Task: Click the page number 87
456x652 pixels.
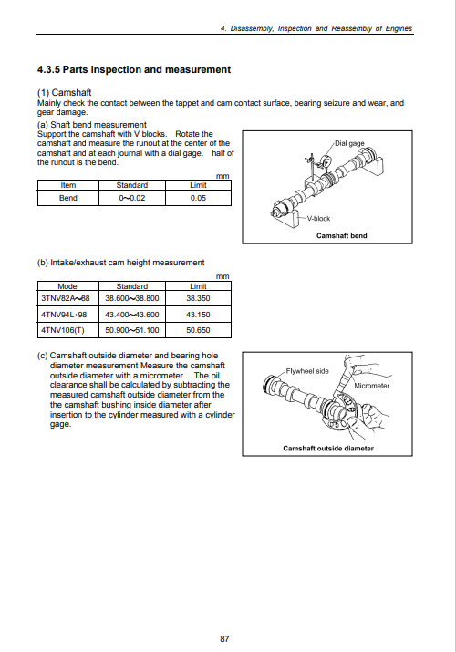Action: point(224,638)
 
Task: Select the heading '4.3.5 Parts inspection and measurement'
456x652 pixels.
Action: point(134,69)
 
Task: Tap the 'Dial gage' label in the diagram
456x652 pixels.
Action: point(349,143)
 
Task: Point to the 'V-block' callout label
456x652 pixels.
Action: point(318,218)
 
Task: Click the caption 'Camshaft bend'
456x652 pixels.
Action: point(342,236)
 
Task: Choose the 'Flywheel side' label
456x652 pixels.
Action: point(307,371)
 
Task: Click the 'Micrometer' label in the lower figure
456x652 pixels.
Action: point(371,386)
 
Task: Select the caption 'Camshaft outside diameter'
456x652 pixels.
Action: point(328,449)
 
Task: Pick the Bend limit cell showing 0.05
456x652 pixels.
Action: point(198,198)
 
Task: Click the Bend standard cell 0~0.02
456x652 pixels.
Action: point(132,198)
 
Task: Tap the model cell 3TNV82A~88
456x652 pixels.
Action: point(66,298)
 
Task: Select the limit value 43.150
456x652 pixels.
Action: point(198,315)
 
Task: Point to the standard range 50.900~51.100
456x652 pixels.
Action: point(132,330)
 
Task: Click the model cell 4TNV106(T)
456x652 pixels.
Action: point(62,330)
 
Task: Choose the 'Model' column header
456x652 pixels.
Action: point(68,286)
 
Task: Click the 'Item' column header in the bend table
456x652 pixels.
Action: point(68,185)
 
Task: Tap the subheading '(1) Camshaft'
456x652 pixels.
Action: point(65,92)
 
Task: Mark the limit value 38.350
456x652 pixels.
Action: point(198,298)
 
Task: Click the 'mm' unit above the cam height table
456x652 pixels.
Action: point(223,276)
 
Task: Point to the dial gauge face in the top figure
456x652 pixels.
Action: point(327,160)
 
